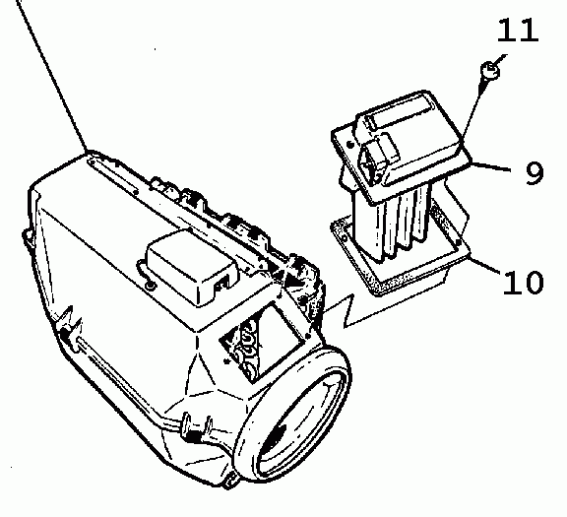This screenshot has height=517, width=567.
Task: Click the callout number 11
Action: click(518, 30)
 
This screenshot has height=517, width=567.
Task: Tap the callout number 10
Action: click(523, 282)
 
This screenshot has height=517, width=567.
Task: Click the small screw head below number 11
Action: click(490, 70)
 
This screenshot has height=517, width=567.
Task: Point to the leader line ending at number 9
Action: click(490, 166)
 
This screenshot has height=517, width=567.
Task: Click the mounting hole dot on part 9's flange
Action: click(350, 145)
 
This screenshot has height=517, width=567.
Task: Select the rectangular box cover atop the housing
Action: click(191, 266)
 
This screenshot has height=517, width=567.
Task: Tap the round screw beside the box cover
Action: click(150, 287)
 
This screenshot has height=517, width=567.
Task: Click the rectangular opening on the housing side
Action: click(258, 342)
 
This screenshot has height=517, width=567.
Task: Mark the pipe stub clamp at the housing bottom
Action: click(198, 429)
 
